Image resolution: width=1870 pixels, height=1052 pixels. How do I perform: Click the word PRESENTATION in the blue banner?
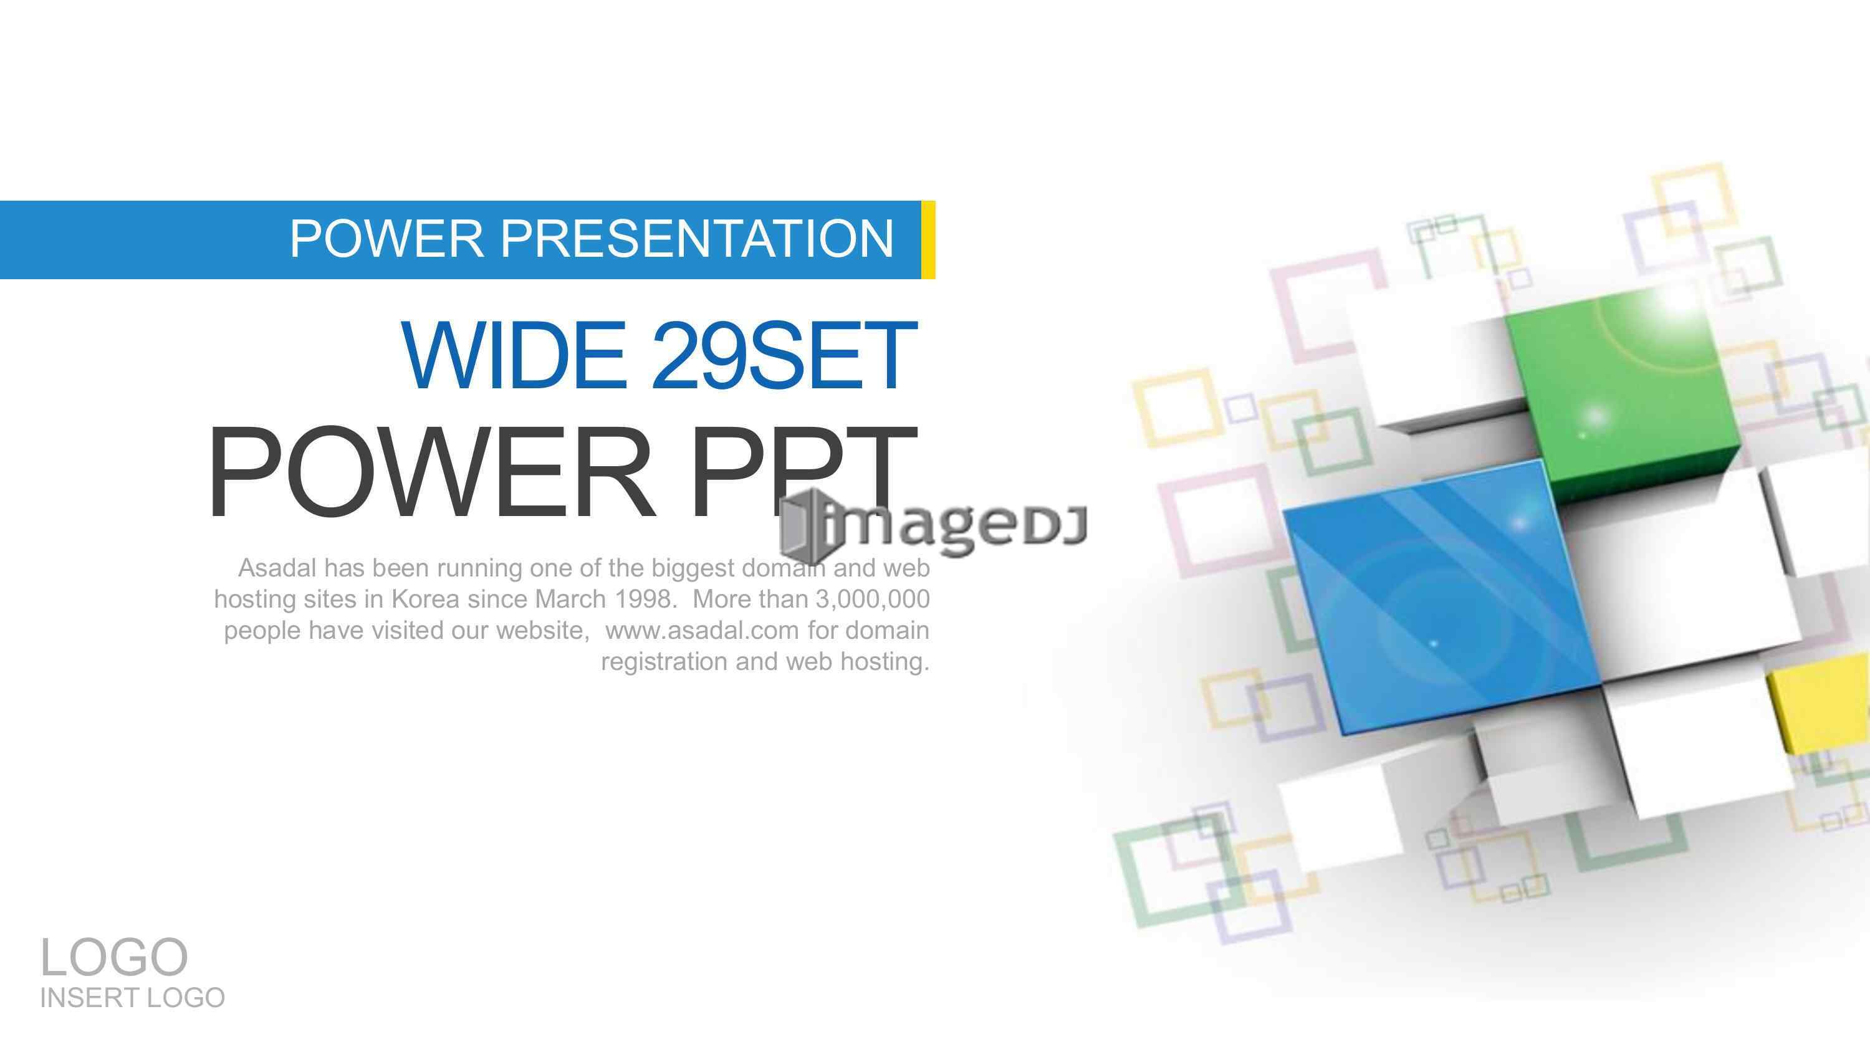pos(696,239)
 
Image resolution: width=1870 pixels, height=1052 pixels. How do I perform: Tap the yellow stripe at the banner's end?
pos(928,239)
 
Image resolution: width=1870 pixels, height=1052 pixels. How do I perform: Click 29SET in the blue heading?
pos(785,355)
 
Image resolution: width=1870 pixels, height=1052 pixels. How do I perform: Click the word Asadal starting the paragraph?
pos(277,568)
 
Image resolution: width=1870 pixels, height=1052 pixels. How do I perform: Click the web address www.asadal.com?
pos(702,630)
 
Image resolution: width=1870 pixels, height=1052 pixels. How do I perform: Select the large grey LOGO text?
pos(114,957)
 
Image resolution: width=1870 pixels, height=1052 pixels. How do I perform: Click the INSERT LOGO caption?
pos(132,998)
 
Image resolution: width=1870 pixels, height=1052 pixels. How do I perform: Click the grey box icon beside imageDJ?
pos(803,520)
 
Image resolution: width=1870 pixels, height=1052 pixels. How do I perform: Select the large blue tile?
pos(1441,595)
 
